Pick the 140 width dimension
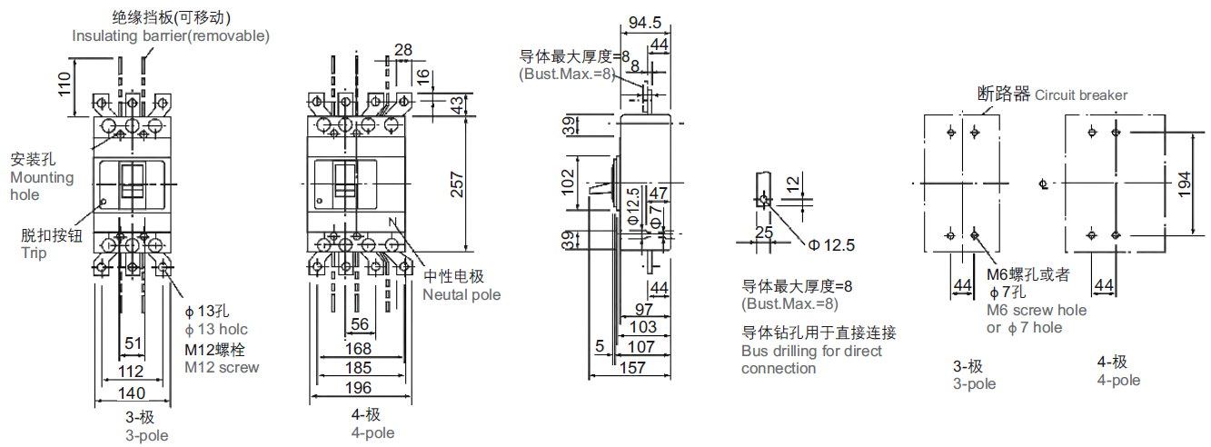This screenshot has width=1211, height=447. click(133, 392)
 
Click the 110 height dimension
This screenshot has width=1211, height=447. click(64, 85)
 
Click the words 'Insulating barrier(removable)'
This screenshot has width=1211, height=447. click(171, 35)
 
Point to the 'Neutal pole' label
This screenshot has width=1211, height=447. click(462, 294)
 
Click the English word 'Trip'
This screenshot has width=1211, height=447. click(34, 253)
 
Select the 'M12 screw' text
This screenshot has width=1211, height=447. click(222, 367)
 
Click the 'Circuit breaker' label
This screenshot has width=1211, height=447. click(1081, 94)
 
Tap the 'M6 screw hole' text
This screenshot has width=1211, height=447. click(1037, 310)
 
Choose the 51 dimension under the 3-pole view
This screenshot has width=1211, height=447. click(133, 343)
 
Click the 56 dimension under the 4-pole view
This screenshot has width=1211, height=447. click(359, 324)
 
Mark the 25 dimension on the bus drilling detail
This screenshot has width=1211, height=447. click(763, 233)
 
